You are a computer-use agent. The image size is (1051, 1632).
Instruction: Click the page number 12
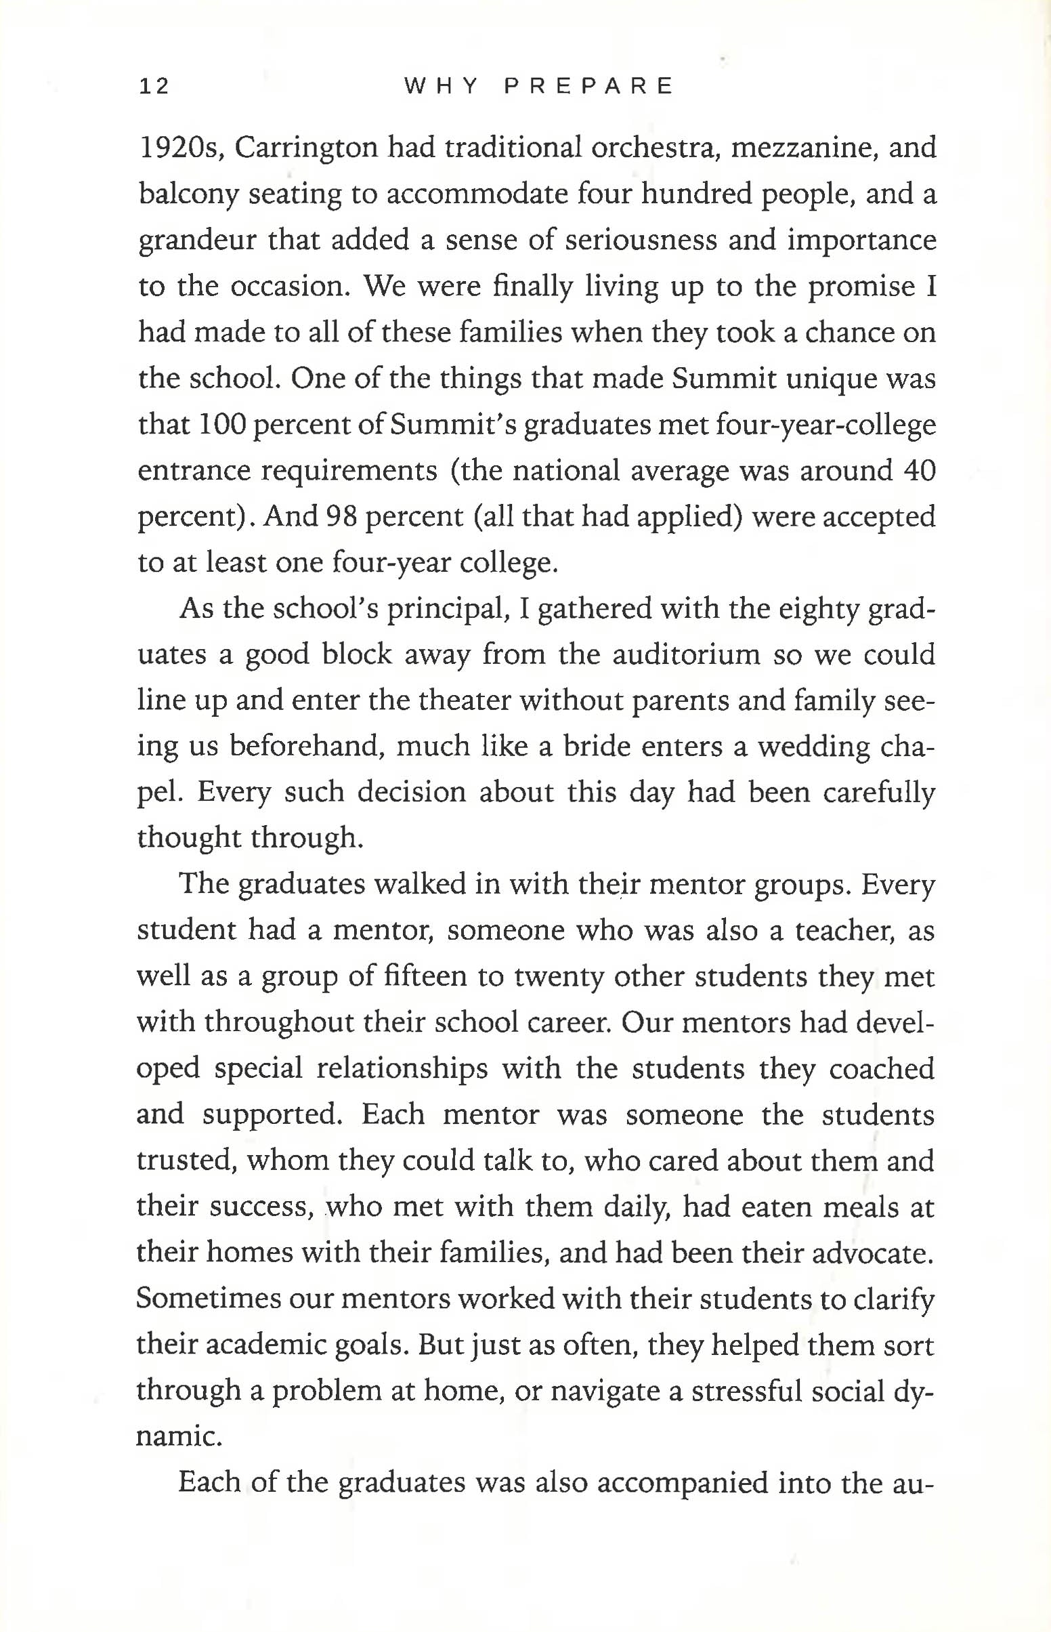[x=154, y=86]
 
